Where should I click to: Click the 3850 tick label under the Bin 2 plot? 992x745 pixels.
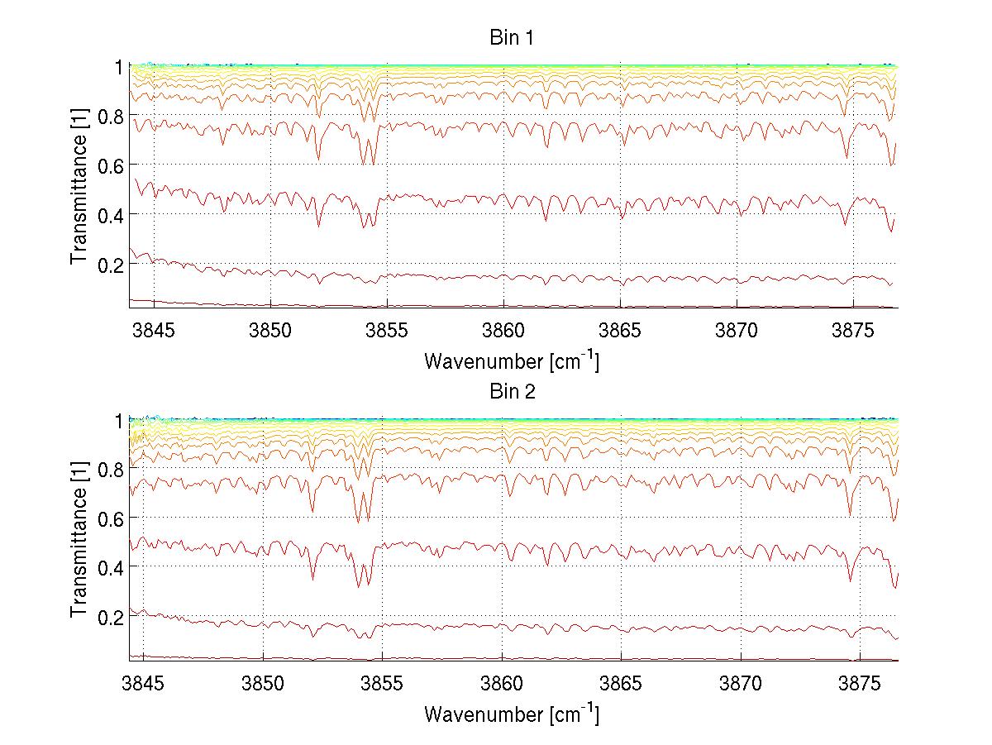coord(263,685)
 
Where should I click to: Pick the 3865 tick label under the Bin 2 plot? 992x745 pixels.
coord(621,685)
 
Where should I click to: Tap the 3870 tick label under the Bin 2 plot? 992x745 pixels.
coord(740,685)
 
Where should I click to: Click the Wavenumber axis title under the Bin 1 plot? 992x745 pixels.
coord(511,361)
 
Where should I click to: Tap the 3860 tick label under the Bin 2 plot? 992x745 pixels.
coord(502,685)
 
